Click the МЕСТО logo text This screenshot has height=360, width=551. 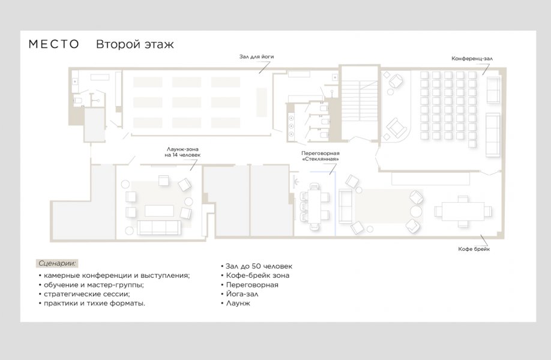pyautogui.click(x=54, y=44)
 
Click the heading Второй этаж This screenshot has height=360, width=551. pyautogui.click(x=135, y=44)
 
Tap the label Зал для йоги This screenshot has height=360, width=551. pyautogui.click(x=256, y=56)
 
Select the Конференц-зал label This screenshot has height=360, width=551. pyautogui.click(x=472, y=59)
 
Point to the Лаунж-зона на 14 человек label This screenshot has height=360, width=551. pyautogui.click(x=182, y=152)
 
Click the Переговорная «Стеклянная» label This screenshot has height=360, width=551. pyautogui.click(x=320, y=156)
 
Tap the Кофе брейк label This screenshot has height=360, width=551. pyautogui.click(x=474, y=249)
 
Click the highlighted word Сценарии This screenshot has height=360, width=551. pyautogui.click(x=57, y=263)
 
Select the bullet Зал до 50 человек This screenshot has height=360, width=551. pyautogui.click(x=256, y=266)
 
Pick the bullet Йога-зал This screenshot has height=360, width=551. pyautogui.click(x=239, y=294)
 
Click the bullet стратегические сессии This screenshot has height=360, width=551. pyautogui.click(x=85, y=294)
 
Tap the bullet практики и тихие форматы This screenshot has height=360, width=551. pyautogui.click(x=92, y=303)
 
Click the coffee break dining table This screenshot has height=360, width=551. pyautogui.click(x=463, y=211)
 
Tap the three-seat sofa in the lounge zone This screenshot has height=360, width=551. pyautogui.click(x=159, y=227)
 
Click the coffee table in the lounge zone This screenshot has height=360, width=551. pyautogui.click(x=159, y=211)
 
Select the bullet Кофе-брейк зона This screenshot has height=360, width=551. pyautogui.click(x=255, y=275)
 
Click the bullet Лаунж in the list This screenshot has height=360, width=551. pyautogui.click(x=235, y=303)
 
